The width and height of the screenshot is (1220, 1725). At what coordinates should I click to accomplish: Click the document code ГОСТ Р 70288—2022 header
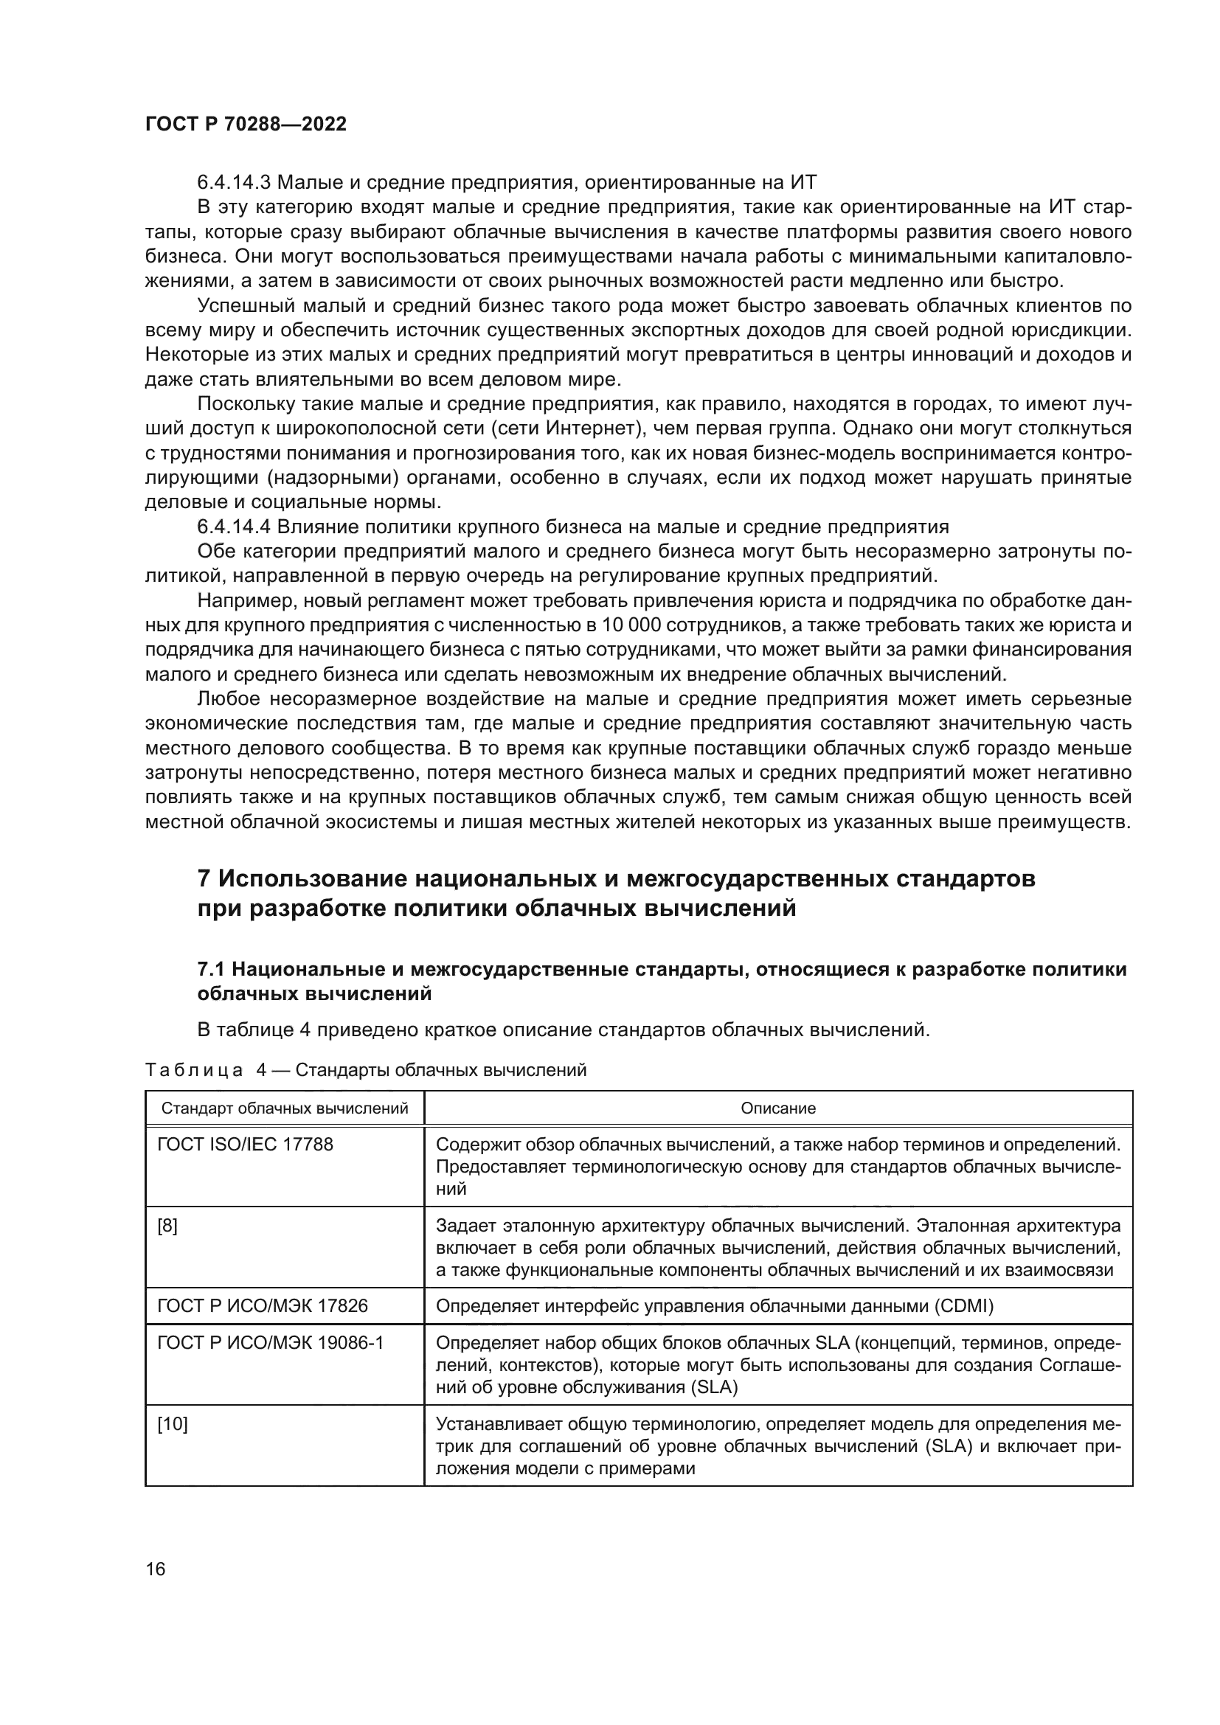246,125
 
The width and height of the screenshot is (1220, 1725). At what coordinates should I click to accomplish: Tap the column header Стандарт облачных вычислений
285,1108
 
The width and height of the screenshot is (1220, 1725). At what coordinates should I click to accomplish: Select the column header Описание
777,1108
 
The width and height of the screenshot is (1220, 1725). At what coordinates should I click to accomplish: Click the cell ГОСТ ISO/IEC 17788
245,1145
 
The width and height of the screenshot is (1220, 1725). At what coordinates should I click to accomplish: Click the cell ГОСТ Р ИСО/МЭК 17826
262,1307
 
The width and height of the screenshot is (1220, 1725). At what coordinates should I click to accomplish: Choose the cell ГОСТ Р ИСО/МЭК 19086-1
270,1342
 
